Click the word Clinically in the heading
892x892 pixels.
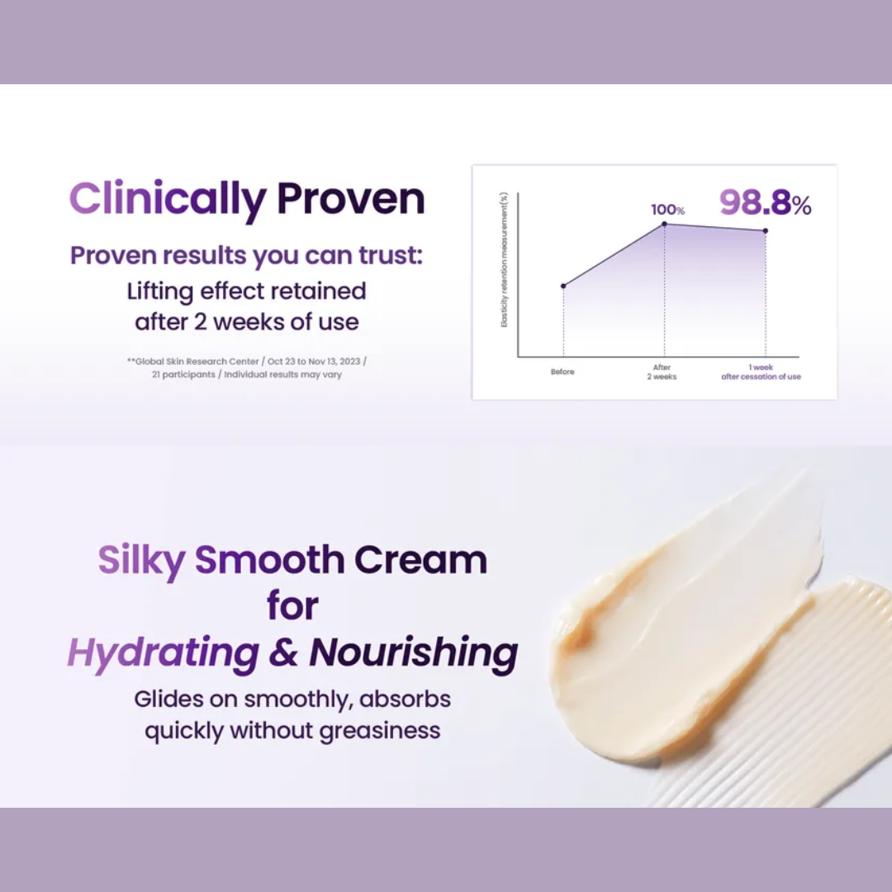click(168, 200)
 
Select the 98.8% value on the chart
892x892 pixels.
click(765, 202)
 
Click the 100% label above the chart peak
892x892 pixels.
click(667, 210)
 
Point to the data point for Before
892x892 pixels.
click(563, 286)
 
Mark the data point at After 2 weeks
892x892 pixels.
click(664, 224)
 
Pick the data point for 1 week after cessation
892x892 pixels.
click(765, 231)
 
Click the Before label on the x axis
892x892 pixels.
click(562, 372)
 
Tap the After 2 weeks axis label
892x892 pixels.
click(663, 372)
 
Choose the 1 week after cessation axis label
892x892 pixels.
click(761, 372)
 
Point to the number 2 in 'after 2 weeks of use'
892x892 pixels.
click(200, 320)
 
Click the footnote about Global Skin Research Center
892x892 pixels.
click(247, 368)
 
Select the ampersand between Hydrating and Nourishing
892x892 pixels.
click(283, 652)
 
